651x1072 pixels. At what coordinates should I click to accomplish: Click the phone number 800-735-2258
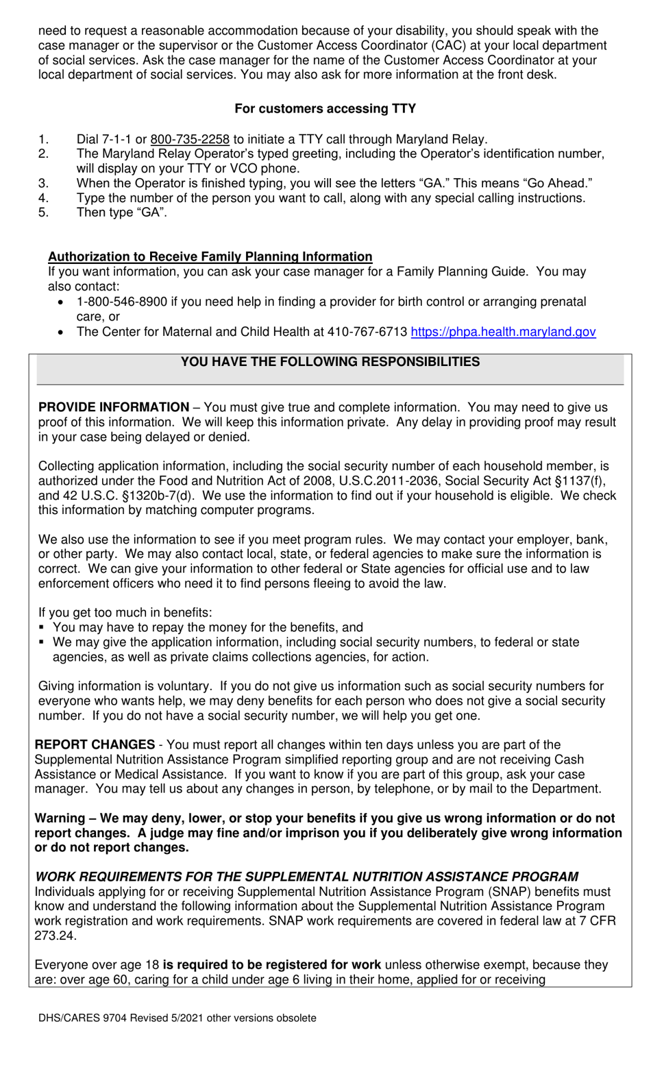click(x=190, y=139)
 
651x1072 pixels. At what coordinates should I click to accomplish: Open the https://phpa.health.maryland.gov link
click(x=503, y=332)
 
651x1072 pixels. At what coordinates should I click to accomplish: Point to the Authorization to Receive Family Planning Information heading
click(x=210, y=257)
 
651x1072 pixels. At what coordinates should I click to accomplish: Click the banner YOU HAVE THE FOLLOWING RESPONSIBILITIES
click(x=330, y=362)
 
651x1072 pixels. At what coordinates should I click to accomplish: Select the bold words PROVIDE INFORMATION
click(x=114, y=408)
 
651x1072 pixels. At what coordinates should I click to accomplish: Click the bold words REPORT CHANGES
click(x=95, y=745)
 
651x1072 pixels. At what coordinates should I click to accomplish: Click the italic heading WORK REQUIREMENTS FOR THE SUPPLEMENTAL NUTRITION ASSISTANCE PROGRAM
click(x=306, y=877)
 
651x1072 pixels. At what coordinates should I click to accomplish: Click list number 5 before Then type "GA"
click(x=43, y=212)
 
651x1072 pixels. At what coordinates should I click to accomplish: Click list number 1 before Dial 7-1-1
click(x=43, y=139)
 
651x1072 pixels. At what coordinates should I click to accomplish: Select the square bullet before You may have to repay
click(x=42, y=627)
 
